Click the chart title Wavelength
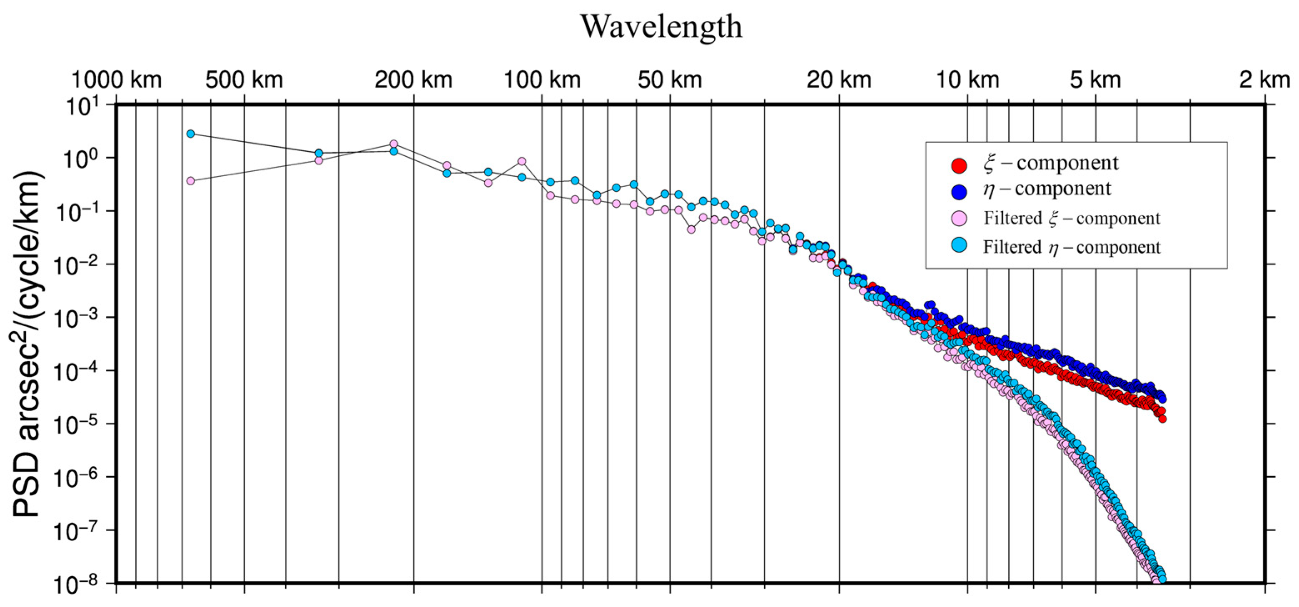click(x=662, y=26)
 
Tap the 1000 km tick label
click(x=117, y=80)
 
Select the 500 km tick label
click(x=244, y=80)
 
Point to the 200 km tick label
click(x=414, y=80)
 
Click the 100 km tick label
click(x=542, y=80)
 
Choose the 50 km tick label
click(x=670, y=80)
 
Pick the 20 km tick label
click(x=839, y=80)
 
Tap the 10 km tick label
click(x=967, y=80)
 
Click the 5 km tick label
click(x=1095, y=80)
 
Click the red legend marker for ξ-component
click(x=959, y=165)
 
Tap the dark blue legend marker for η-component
click(x=959, y=191)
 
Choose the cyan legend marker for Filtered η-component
click(x=959, y=246)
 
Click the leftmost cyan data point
click(x=191, y=134)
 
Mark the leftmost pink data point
click(x=191, y=181)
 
